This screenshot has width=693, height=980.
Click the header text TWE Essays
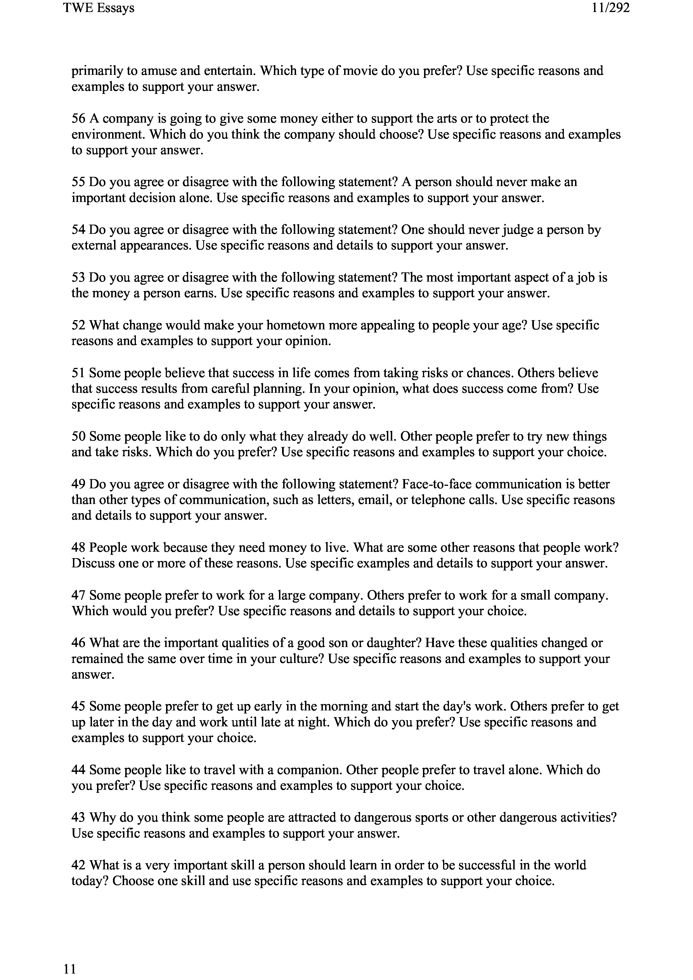pos(99,8)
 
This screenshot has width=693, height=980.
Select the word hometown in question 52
pos(295,326)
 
